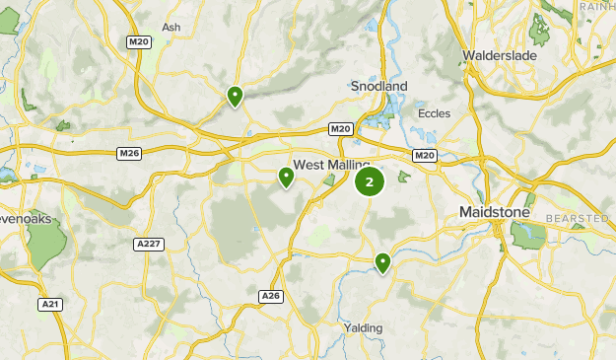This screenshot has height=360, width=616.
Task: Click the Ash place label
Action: [x=172, y=28]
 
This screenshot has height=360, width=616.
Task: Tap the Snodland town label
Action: [x=378, y=87]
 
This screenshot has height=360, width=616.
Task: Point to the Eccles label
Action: [x=434, y=113]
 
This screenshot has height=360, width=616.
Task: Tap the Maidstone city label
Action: [x=495, y=212]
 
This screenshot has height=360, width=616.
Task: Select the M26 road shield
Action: [x=129, y=153]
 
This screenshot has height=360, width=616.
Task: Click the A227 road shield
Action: [x=148, y=244]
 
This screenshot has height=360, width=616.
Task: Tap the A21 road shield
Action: [x=50, y=305]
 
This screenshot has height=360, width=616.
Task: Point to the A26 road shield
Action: [x=271, y=296]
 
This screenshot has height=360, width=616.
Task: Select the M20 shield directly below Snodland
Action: [x=341, y=129]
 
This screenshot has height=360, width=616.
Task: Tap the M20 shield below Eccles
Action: [x=425, y=155]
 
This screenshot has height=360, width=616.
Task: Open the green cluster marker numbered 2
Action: [x=370, y=181]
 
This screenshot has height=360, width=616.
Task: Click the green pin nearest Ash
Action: [x=235, y=96]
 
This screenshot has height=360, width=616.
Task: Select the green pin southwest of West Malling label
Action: [x=286, y=178]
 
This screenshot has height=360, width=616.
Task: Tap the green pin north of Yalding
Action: [x=382, y=261]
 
